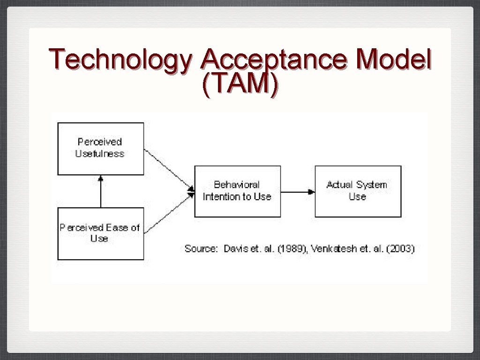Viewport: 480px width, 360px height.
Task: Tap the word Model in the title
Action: pos(394,60)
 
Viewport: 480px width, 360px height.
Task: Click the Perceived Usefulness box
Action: pos(100,149)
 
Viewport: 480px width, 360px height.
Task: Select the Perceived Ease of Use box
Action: pos(100,233)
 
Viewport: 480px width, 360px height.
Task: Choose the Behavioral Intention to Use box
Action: pos(237,191)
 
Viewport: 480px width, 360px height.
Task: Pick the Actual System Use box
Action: pos(358,191)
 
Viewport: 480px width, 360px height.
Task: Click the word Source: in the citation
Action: pos(201,249)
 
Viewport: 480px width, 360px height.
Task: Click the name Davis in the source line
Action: pos(232,249)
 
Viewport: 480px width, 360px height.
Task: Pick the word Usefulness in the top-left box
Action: pos(100,154)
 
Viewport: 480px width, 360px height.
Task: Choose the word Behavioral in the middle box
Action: pos(237,185)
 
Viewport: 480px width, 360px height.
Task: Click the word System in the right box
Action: pos(371,185)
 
